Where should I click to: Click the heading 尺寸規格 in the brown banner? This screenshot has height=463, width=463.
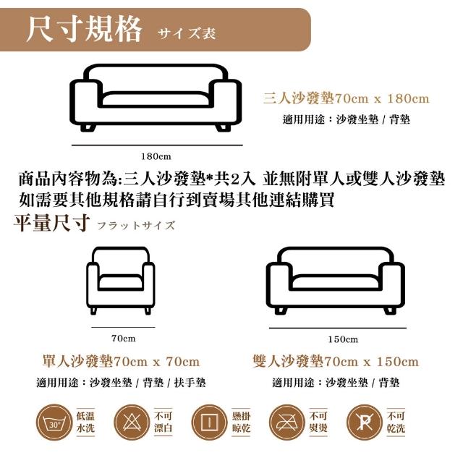84,30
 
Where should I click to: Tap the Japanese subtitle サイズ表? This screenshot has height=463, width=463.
187,33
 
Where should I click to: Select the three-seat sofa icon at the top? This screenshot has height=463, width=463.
156,98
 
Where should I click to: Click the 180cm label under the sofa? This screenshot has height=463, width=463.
156,156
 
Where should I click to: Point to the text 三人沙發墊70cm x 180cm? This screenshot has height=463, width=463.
346,98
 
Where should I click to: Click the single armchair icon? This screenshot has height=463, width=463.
121,280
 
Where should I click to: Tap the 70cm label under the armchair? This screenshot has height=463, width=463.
124,338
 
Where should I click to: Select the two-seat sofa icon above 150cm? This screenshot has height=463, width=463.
336,280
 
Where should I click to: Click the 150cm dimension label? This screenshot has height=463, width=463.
343,339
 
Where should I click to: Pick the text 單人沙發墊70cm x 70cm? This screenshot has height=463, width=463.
121,362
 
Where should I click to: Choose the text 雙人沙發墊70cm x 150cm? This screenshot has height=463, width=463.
336,362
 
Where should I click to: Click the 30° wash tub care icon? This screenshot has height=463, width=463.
54,422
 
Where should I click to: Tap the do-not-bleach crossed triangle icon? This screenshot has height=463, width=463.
132,422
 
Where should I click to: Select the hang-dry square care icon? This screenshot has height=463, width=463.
209,422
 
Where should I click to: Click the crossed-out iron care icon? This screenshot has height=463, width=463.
287,422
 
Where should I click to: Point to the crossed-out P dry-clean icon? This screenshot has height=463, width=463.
365,422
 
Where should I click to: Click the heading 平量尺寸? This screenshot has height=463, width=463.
51,223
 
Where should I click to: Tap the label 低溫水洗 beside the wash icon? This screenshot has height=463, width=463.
85,422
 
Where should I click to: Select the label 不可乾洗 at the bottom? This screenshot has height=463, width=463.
396,422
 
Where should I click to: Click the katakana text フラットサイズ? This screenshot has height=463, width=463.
136,226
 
